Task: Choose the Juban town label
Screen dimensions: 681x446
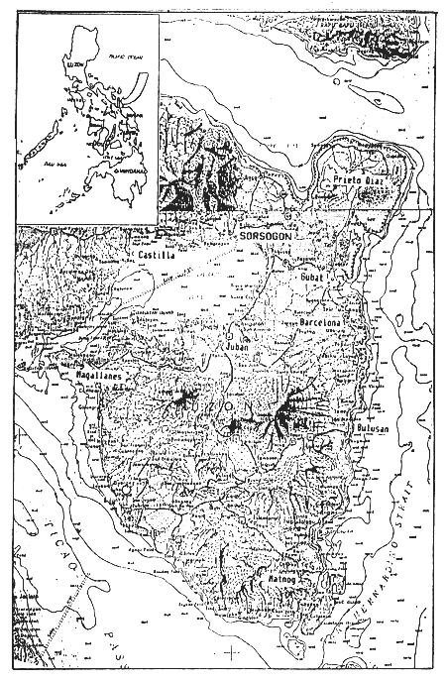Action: (x=235, y=349)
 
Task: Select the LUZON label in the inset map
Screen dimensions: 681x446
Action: (x=76, y=61)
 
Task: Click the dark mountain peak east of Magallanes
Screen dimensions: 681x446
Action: (x=183, y=399)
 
